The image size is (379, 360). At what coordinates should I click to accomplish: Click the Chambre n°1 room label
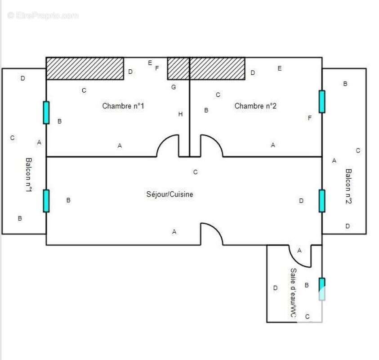[123, 106]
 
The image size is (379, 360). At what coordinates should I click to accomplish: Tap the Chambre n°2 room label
[255, 106]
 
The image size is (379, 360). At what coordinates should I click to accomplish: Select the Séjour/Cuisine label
[169, 194]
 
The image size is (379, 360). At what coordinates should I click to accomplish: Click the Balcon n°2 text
[348, 186]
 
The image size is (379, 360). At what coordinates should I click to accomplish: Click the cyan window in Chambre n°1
[46, 112]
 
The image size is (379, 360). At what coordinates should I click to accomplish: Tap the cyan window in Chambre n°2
[322, 102]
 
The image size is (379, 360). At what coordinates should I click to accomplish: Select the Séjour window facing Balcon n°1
[46, 201]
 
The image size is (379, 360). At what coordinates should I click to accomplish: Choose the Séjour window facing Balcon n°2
[322, 201]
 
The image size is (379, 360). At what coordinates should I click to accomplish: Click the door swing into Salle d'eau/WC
[299, 256]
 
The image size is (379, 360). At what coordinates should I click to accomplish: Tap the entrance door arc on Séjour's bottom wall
[212, 234]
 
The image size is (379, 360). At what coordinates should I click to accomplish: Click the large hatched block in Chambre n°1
[85, 68]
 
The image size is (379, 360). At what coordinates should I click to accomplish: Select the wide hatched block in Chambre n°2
[217, 68]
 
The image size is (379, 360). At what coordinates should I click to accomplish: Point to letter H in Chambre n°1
[180, 114]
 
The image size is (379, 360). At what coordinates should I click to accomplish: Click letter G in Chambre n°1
[174, 87]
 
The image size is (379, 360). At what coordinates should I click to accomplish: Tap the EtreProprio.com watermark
[43, 16]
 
